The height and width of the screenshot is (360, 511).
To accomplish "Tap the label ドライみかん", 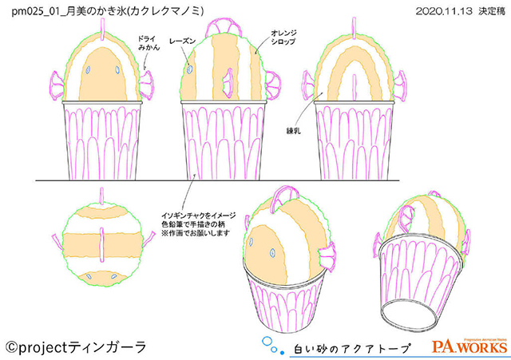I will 148,43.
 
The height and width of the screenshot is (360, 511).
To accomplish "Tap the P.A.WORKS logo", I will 469,346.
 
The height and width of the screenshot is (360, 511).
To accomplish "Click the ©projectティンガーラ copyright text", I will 77,346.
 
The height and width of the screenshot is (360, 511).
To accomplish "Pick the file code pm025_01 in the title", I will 33,11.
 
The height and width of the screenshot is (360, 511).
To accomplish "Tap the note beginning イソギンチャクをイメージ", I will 196,219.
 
